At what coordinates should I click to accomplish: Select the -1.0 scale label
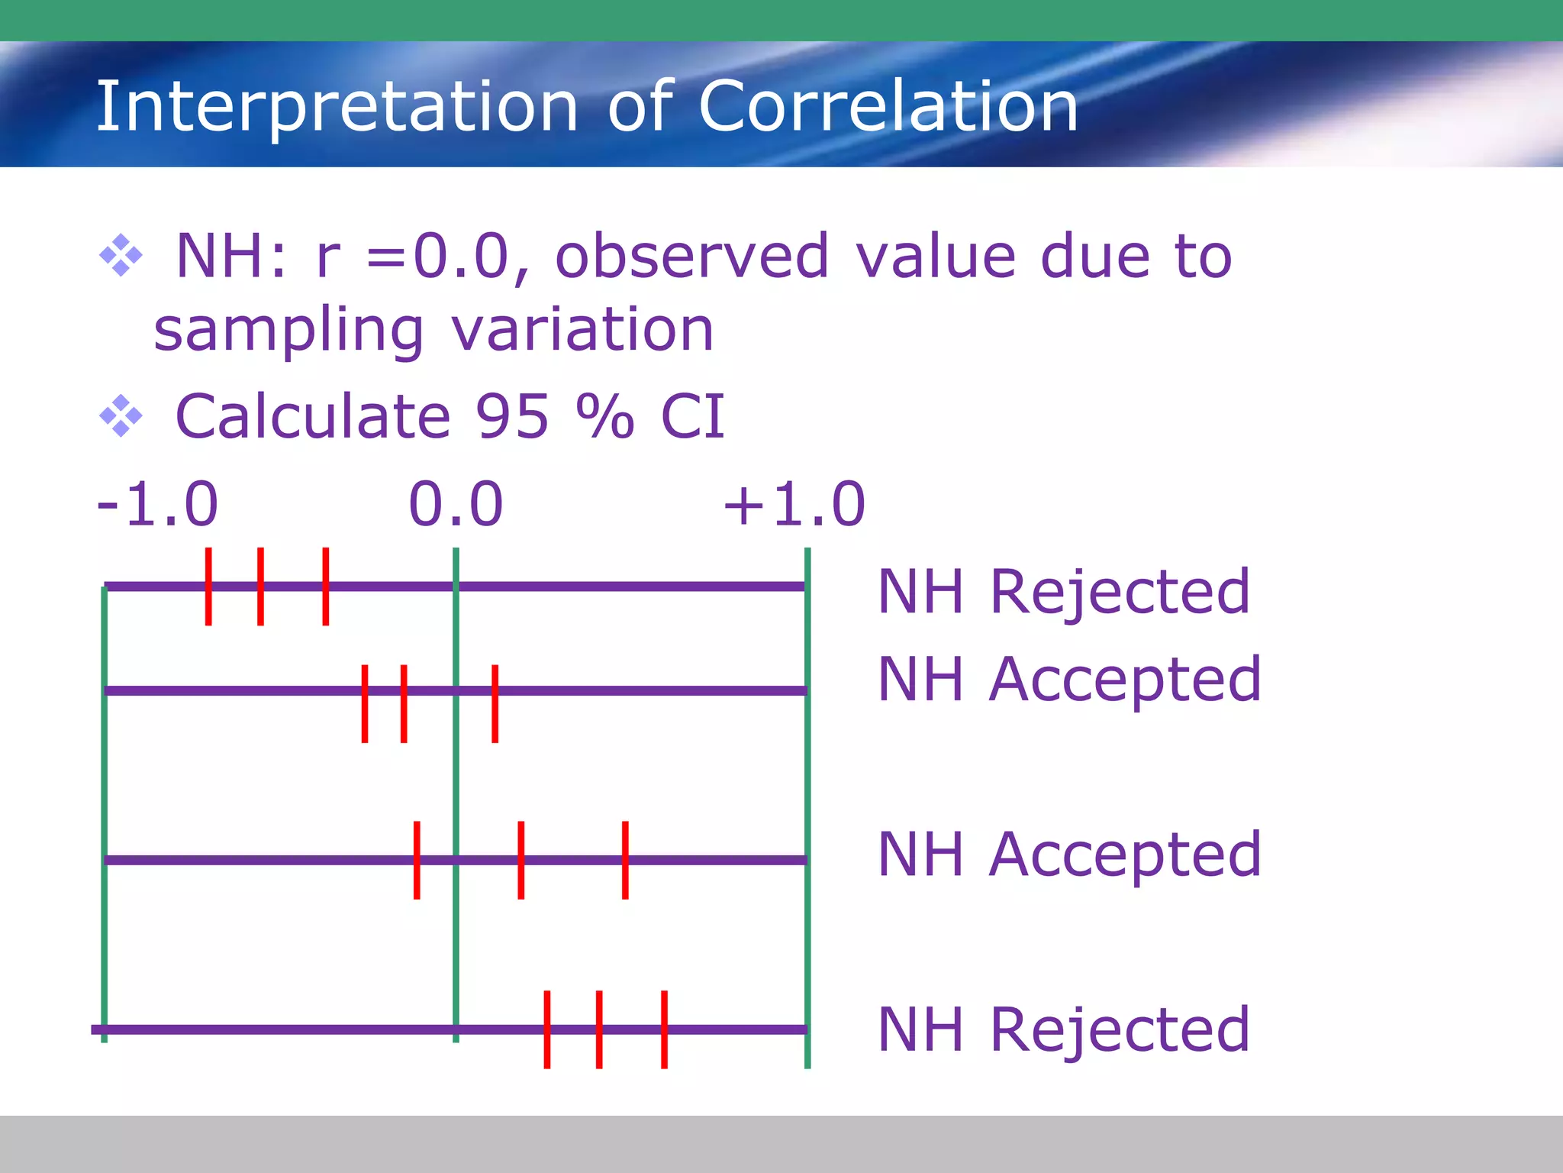pos(158,505)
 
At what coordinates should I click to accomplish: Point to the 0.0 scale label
pos(456,505)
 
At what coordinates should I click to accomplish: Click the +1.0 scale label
pos(794,505)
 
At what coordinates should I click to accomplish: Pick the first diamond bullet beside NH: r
pos(121,255)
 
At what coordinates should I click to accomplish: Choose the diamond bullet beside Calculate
pos(121,416)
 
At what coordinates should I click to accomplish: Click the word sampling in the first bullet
pos(288,331)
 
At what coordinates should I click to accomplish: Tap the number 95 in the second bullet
pos(511,417)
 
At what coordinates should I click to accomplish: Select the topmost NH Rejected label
pos(1063,593)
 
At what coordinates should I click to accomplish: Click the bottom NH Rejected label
pos(1063,1030)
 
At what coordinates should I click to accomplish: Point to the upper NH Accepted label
pos(1068,680)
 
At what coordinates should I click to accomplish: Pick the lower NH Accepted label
pos(1068,855)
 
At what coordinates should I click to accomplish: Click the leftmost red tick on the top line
pos(208,586)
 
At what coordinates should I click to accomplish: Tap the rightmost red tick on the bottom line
pos(664,1029)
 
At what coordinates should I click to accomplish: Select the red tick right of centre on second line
pos(495,703)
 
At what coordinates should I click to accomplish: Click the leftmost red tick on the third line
pos(417,860)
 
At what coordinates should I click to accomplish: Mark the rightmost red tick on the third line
pos(625,860)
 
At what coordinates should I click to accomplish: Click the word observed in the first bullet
pos(691,257)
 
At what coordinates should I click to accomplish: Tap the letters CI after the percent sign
pos(692,417)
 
